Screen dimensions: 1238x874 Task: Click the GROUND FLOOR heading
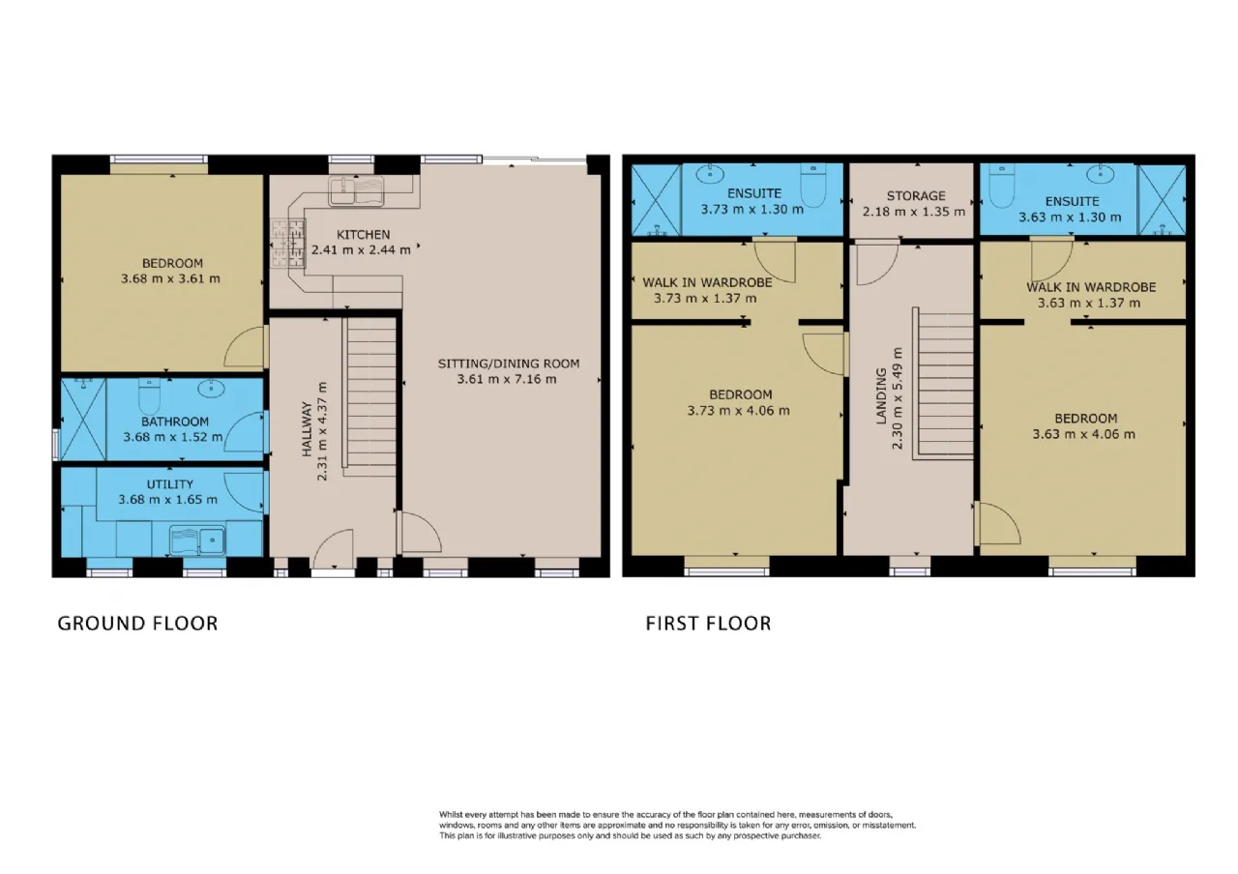137,624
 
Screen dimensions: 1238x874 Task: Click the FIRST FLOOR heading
708,624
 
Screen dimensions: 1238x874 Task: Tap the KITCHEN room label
363,235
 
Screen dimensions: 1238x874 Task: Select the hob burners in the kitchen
287,243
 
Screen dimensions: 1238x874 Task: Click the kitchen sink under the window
356,191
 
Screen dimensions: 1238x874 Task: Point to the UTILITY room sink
197,539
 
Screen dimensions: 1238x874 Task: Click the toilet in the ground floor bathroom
149,395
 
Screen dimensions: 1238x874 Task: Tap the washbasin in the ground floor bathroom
211,388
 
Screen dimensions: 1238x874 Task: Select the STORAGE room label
916,196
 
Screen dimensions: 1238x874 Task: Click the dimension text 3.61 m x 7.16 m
506,379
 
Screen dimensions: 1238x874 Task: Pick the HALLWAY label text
308,429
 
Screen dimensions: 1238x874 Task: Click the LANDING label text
881,395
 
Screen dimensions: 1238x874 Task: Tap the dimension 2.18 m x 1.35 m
914,212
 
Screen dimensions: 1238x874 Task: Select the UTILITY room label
169,484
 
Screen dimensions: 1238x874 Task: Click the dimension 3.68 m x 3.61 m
170,278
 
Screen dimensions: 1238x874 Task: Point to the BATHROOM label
175,422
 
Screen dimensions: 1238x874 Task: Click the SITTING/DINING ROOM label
509,364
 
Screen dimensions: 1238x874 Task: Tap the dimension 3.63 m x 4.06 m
1084,434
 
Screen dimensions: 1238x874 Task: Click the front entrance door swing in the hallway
334,548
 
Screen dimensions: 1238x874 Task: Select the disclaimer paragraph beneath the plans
678,825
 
